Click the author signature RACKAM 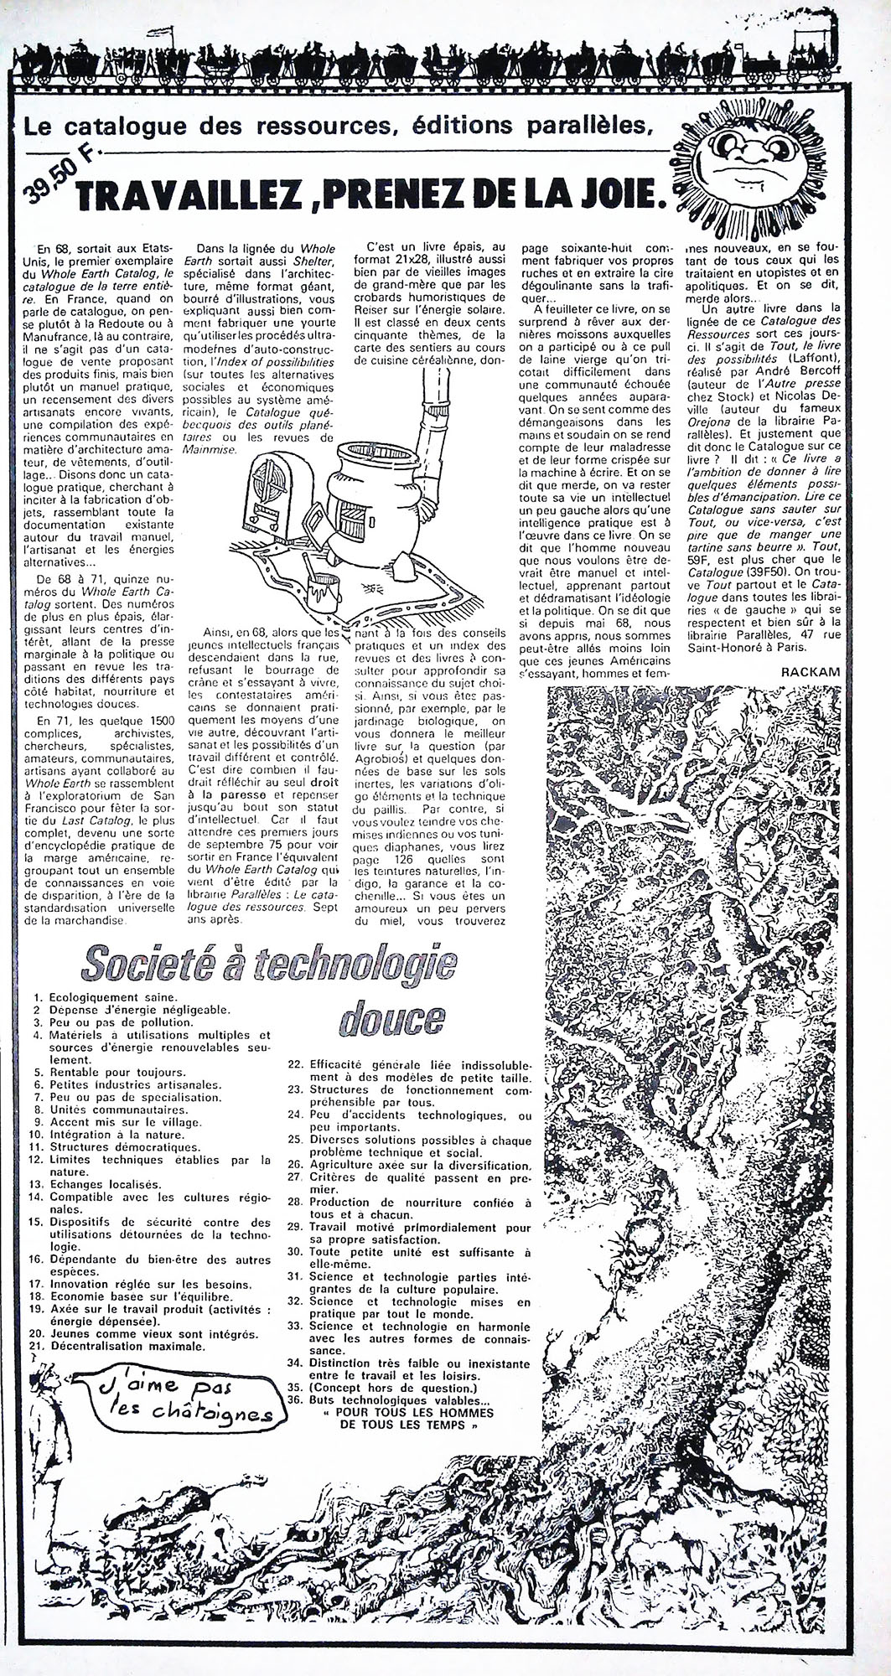811,670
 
